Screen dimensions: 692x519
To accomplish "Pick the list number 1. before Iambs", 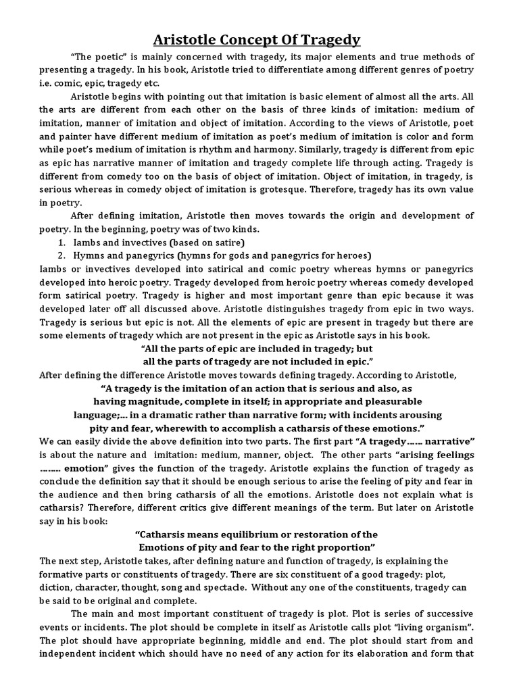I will [x=61, y=242].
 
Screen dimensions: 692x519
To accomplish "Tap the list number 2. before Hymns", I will [x=61, y=255].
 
